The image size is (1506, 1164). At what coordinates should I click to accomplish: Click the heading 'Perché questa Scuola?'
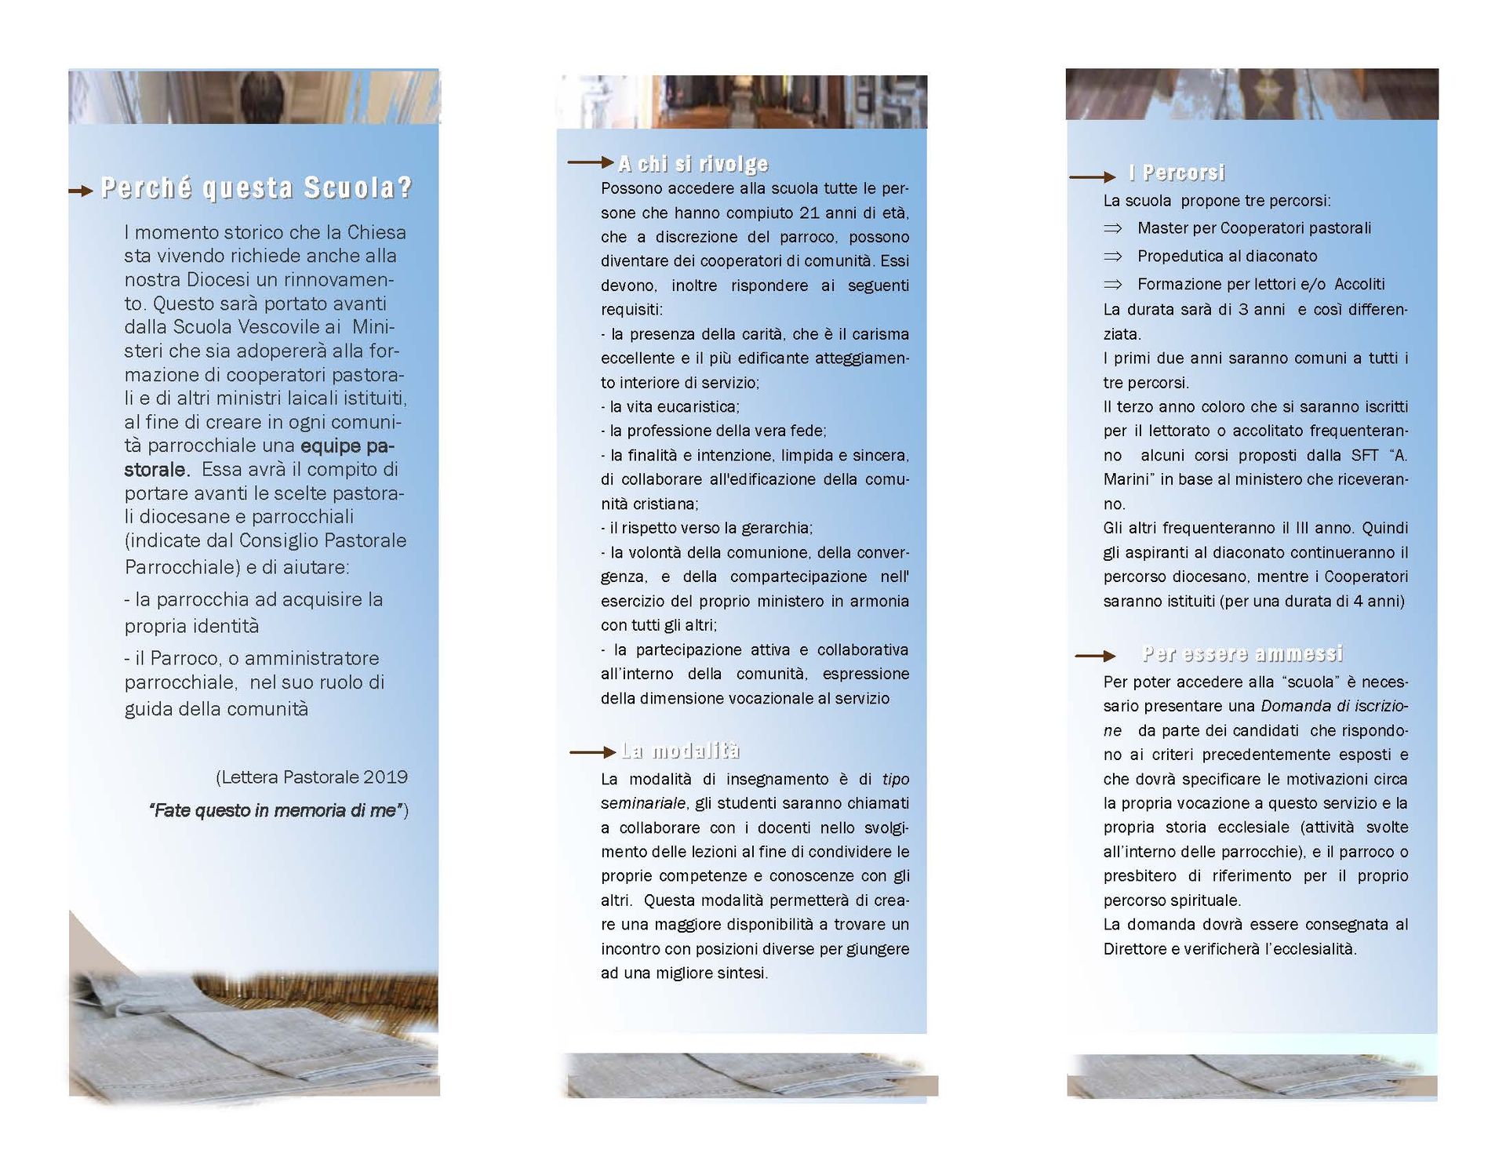point(256,188)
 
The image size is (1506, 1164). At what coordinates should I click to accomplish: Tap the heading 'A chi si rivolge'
point(693,164)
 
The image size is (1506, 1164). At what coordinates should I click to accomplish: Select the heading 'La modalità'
point(680,751)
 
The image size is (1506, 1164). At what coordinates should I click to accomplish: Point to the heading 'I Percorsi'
point(1176,173)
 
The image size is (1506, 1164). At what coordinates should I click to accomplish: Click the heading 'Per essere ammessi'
point(1242,654)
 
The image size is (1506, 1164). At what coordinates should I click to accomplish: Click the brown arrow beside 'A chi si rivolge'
point(591,162)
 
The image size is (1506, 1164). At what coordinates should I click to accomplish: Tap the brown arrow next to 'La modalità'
point(592,752)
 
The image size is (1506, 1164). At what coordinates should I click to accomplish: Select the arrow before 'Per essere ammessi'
point(1095,656)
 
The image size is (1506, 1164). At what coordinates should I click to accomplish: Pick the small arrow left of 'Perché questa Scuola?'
point(81,191)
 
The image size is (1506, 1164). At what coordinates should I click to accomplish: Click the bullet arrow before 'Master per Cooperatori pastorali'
point(1113,228)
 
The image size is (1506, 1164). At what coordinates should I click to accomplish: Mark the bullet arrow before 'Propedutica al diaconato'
point(1113,256)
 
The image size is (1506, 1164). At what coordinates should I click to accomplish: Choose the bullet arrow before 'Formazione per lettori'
point(1113,284)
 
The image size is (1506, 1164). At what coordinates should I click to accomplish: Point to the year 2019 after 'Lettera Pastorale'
point(386,777)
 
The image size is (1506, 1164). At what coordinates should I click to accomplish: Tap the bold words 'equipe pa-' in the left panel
point(347,446)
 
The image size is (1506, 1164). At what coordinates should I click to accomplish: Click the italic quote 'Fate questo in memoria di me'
point(275,811)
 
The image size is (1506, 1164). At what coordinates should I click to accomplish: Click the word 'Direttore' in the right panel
point(1135,949)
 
